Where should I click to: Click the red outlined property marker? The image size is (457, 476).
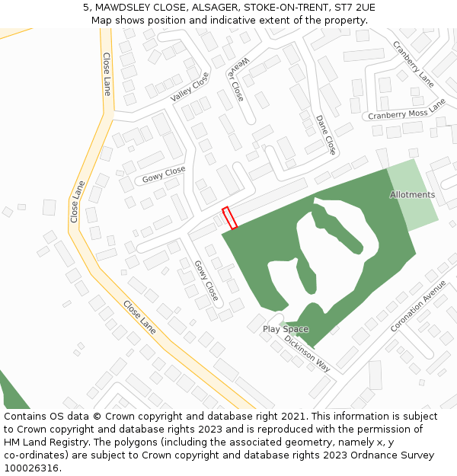click(x=229, y=217)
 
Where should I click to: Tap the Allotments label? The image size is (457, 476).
click(x=412, y=195)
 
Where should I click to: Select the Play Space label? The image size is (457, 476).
click(x=286, y=329)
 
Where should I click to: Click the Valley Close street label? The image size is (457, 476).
click(x=190, y=87)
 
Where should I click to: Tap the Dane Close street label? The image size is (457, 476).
click(x=325, y=134)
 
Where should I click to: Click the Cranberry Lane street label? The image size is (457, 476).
click(x=414, y=64)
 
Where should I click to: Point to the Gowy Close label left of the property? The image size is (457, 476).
click(x=164, y=174)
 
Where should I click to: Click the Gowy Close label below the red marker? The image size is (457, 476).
click(x=206, y=280)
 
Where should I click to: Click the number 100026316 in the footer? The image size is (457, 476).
click(x=31, y=468)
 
